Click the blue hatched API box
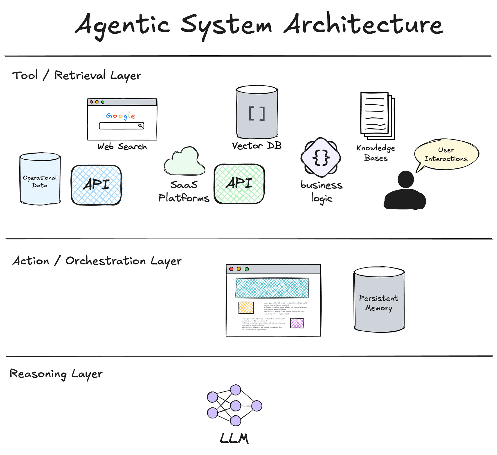(x=96, y=185)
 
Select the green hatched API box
(x=239, y=184)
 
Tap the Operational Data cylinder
(x=40, y=179)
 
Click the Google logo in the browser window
(x=121, y=116)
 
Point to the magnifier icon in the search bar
(x=140, y=126)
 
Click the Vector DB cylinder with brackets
(x=257, y=113)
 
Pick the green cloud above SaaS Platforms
(x=185, y=162)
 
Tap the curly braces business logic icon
(x=321, y=157)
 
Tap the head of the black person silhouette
(x=405, y=179)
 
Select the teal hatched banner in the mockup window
(x=272, y=288)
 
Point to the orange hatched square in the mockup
(x=246, y=308)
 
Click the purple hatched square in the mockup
(x=297, y=323)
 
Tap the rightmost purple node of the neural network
(x=256, y=406)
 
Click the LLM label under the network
(x=234, y=438)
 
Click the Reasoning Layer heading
(x=56, y=374)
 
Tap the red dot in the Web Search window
(x=91, y=102)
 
